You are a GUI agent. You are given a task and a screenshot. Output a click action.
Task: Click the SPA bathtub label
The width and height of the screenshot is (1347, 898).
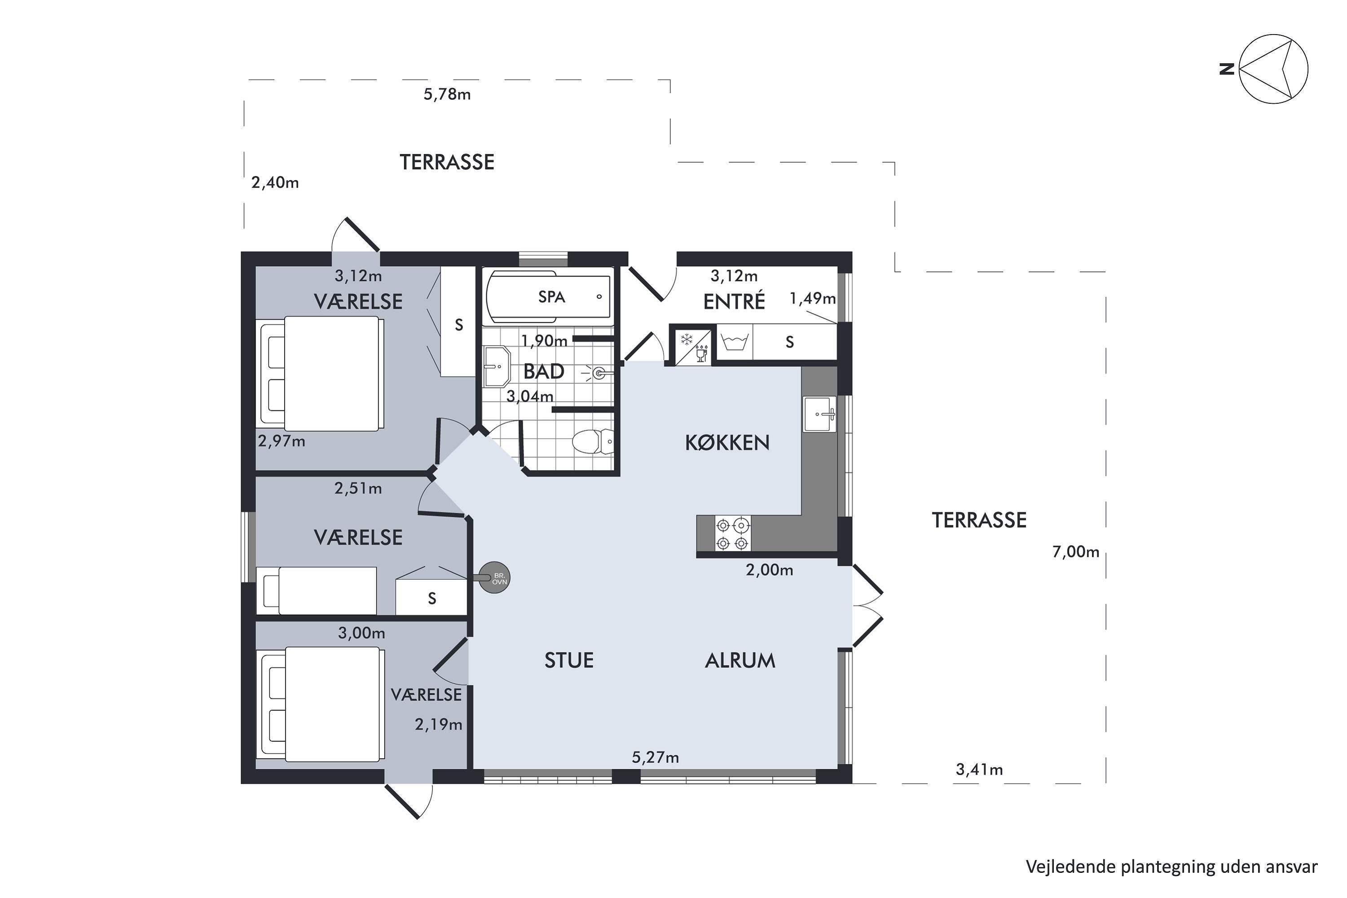tap(551, 297)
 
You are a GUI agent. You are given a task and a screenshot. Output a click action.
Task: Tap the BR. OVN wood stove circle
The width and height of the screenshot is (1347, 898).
tap(493, 578)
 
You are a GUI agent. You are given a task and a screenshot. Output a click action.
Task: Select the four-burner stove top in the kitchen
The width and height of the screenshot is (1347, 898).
tap(732, 533)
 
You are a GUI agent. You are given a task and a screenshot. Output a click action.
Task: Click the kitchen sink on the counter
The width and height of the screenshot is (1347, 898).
tap(819, 414)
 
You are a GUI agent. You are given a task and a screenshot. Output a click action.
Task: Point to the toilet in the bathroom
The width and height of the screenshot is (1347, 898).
tap(593, 441)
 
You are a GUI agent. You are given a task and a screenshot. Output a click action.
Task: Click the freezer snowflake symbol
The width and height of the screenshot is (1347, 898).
tap(686, 339)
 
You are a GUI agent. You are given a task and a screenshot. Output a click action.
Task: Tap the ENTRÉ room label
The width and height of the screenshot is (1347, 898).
tap(734, 301)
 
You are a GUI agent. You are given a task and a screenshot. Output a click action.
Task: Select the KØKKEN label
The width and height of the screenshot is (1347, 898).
tap(727, 443)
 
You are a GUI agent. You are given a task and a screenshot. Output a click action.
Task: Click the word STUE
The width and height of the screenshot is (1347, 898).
tap(569, 660)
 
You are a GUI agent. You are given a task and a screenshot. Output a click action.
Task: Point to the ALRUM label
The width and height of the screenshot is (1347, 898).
tap(740, 660)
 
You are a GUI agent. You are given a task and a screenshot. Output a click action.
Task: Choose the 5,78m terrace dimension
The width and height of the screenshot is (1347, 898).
tap(447, 94)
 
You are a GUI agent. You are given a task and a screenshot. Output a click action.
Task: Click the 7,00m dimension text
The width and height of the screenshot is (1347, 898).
tap(1075, 551)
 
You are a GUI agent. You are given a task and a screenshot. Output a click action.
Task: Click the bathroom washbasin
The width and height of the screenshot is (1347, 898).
tap(497, 366)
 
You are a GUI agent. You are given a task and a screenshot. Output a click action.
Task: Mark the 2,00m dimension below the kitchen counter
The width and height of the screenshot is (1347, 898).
tap(769, 570)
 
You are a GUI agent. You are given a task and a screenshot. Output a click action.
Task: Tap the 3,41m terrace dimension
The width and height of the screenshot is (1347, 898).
tap(979, 769)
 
